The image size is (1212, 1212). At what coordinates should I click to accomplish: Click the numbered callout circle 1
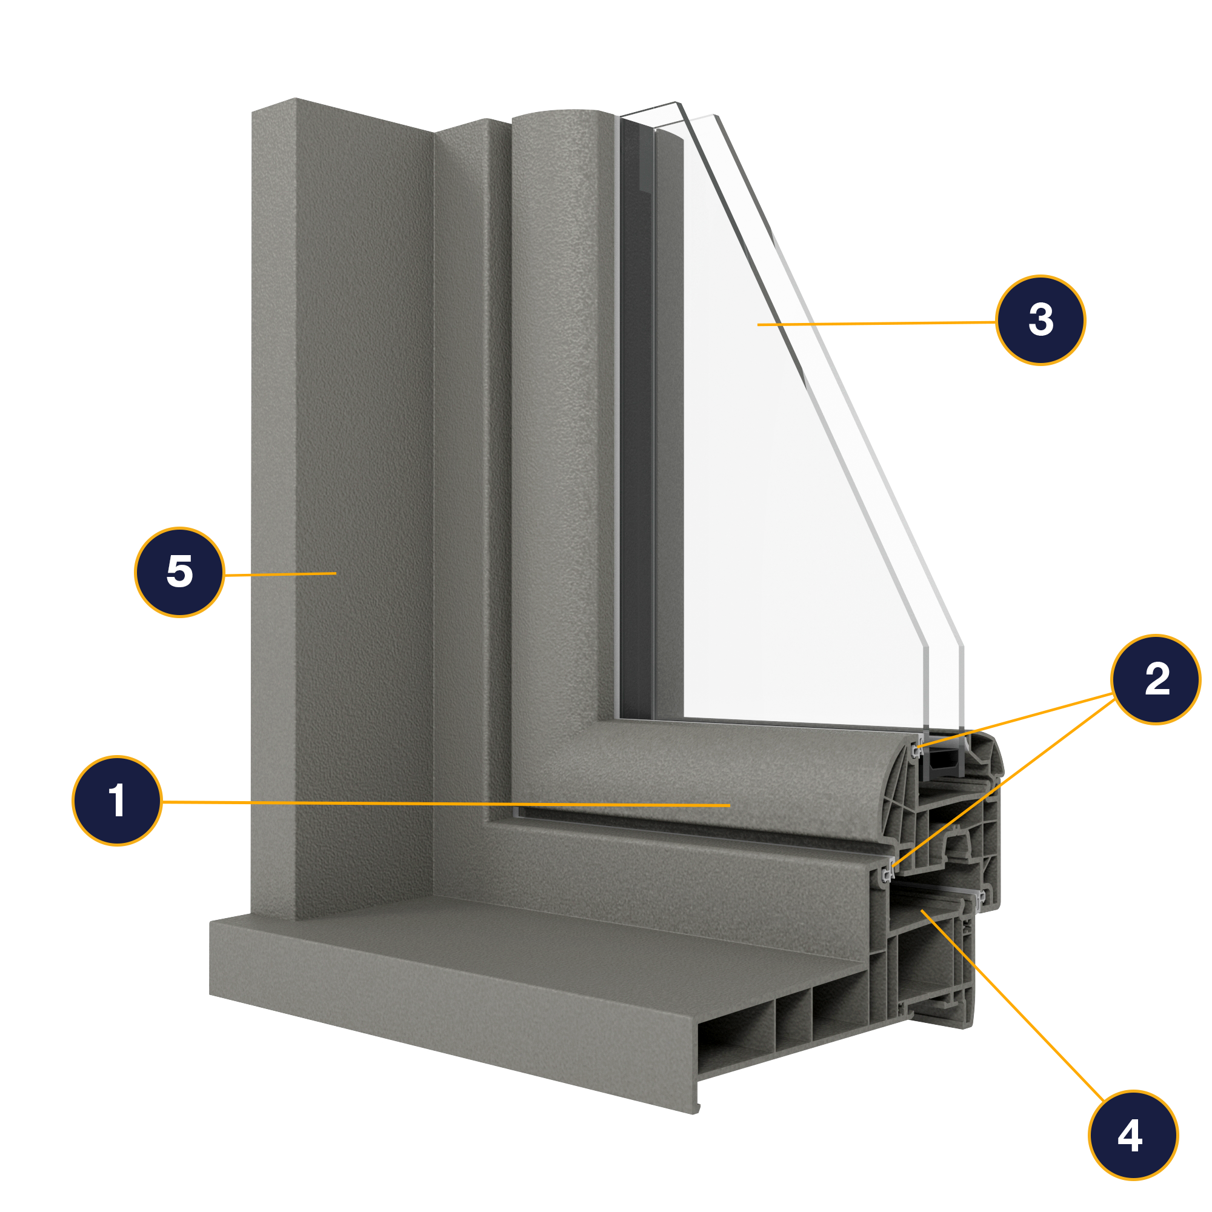coord(118,801)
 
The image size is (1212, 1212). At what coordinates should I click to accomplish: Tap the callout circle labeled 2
coord(1156,679)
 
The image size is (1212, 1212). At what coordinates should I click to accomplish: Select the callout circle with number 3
coord(1040,320)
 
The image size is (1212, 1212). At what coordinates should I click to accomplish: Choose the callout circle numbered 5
coord(179,572)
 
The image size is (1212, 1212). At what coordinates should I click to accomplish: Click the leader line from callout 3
coord(878,323)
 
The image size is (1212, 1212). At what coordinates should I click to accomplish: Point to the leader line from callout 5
coord(282,574)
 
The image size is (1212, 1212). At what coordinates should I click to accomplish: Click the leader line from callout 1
coord(439,803)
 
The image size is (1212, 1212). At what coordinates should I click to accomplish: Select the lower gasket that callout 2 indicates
coord(888,873)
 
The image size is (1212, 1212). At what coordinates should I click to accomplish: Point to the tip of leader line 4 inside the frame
coord(922,910)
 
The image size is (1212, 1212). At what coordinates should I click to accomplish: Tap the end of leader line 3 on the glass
coord(759,324)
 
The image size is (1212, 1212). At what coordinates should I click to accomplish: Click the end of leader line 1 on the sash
coord(729,805)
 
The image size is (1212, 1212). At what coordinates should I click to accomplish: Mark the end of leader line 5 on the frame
coord(336,573)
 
